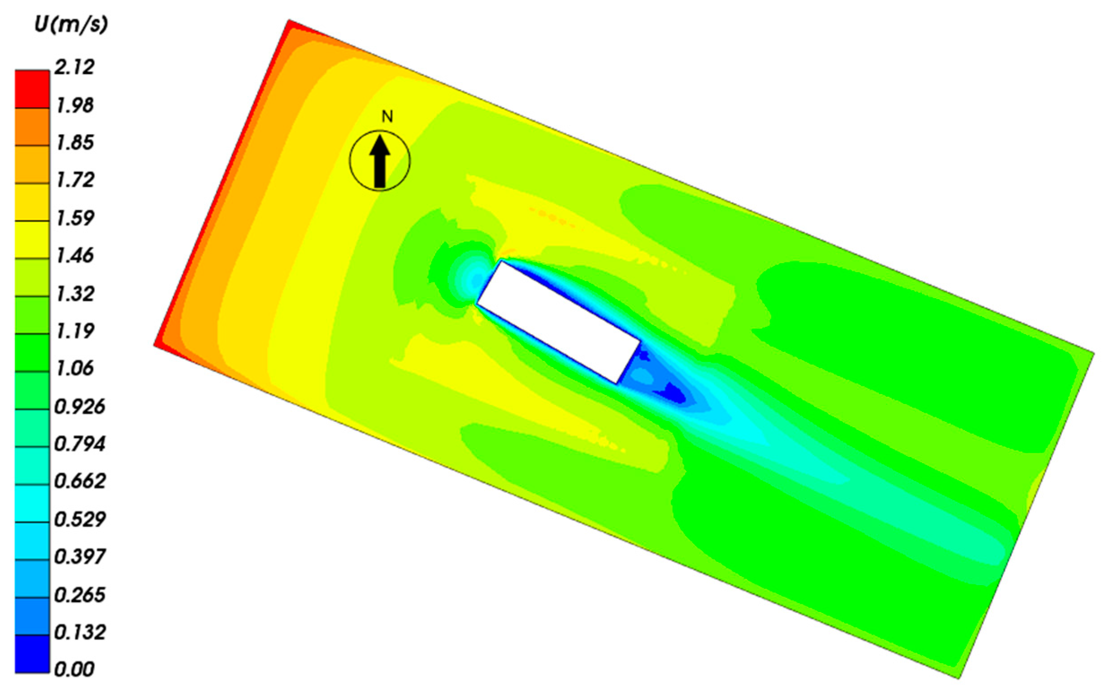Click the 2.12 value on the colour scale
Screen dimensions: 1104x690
point(74,68)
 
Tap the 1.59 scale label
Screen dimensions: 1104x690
point(74,218)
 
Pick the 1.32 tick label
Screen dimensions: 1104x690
point(74,293)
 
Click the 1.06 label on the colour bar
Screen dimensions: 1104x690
point(74,368)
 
